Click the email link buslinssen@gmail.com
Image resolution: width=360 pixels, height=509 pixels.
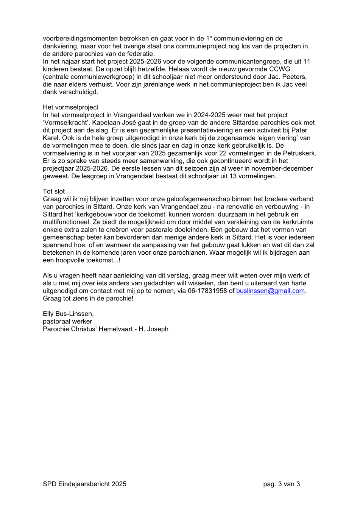(270, 291)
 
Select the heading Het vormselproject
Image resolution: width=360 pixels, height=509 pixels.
(70, 107)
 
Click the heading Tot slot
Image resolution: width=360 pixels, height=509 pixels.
(54, 191)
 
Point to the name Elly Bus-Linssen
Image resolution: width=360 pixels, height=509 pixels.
(68, 314)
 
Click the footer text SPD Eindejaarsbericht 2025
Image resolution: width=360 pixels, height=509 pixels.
(84, 484)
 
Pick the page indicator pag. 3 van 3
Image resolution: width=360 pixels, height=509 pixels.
(281, 484)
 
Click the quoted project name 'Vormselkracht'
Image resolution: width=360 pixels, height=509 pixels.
(67, 123)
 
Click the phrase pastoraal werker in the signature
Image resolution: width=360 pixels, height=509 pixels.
(67, 321)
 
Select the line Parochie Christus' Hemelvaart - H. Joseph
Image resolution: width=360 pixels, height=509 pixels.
(106, 329)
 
